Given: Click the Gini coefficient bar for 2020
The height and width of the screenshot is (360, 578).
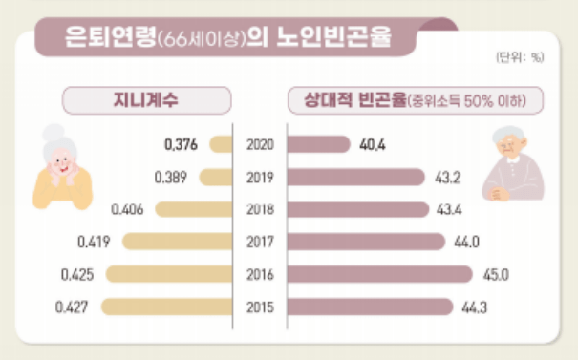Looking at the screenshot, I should coord(221,145).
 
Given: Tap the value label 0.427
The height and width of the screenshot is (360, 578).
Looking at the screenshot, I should coord(73,307).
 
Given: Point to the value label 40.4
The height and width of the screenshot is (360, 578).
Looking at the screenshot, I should coord(373,145).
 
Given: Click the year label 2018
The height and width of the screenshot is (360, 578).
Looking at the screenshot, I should coord(260,209).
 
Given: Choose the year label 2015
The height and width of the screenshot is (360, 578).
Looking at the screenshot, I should coord(260,307).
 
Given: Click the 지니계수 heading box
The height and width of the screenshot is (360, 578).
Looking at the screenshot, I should coord(147,98).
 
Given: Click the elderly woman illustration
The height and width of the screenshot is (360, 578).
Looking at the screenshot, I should coord(62,167).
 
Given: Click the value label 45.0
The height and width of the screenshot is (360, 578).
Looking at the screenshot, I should coord(495,275).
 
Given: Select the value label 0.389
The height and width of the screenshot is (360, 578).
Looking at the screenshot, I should coord(170,178).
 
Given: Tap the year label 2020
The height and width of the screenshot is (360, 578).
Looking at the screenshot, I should coord(260,145).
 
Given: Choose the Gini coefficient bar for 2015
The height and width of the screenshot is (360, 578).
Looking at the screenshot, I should coord(166,307).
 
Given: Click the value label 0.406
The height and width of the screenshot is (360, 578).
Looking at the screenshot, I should coord(127,209).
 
